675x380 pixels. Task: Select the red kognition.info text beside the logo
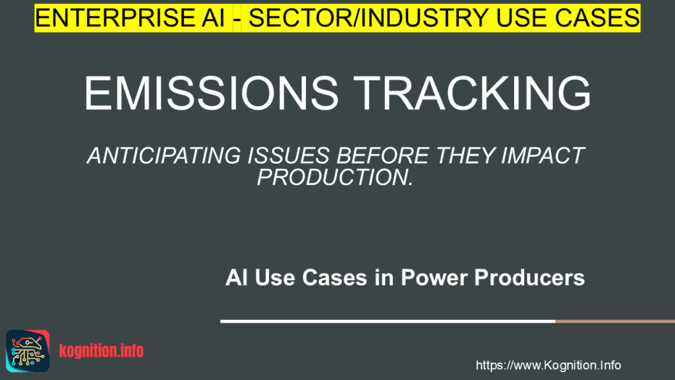coord(101,351)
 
